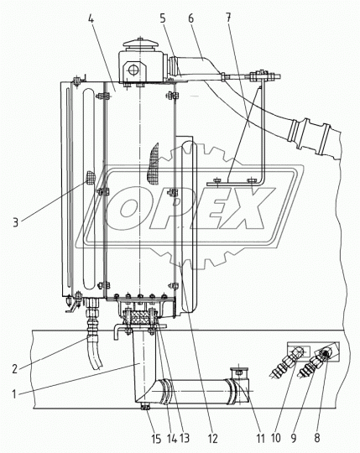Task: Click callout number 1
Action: tap(14, 394)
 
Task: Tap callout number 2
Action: tap(15, 369)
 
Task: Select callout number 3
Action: tap(16, 222)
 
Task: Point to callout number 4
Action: tap(91, 18)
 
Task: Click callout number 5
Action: tap(163, 18)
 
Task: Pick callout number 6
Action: tap(191, 18)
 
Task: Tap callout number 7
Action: tap(228, 18)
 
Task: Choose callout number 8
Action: tap(317, 438)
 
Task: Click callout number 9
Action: tap(294, 438)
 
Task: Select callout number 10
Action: tap(275, 438)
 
